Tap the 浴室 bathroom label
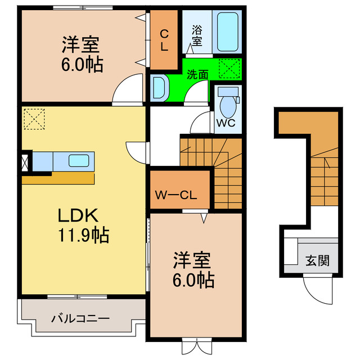pos(197,35)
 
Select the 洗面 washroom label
pos(198,74)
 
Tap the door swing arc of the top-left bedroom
pos(125,91)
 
